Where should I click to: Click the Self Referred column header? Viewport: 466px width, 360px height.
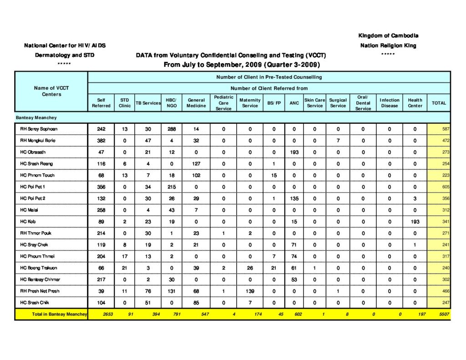(101, 103)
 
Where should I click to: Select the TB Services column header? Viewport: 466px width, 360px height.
(148, 103)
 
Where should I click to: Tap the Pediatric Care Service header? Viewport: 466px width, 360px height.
(223, 103)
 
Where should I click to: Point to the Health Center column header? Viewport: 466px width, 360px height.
(415, 103)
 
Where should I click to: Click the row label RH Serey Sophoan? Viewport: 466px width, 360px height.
(39, 129)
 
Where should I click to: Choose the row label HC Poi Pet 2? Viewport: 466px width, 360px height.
(33, 198)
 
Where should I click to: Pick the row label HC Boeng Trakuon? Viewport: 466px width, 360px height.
(39, 268)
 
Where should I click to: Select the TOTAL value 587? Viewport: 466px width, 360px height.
(446, 129)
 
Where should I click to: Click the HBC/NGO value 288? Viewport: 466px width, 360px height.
(172, 129)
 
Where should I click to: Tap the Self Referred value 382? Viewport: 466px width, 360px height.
(101, 141)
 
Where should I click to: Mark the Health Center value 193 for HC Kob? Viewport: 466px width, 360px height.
(415, 222)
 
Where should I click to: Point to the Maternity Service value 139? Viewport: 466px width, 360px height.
(250, 291)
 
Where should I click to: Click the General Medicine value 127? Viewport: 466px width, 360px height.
(196, 164)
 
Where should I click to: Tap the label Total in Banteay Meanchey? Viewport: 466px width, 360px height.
(59, 314)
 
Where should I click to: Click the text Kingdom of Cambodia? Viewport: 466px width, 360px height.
(388, 35)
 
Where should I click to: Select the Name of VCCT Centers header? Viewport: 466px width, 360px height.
(51, 91)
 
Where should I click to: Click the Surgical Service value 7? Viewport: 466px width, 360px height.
(338, 141)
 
